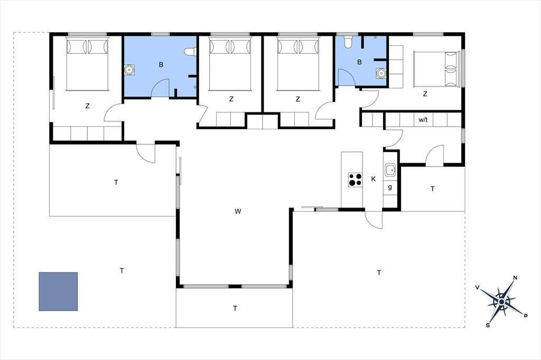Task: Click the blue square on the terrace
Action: point(58,291)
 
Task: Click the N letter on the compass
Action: point(516,278)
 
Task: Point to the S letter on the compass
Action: point(488,325)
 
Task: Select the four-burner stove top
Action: point(355,179)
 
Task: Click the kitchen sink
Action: point(390,169)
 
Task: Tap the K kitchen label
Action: point(374,179)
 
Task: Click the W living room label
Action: point(238,211)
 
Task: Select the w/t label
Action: point(423,120)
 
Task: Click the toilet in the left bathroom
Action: point(190,52)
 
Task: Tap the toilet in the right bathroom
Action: point(348,41)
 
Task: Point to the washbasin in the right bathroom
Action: point(381,73)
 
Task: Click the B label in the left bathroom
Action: point(161,64)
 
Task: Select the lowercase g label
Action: point(390,187)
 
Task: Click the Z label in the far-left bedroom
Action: point(87,106)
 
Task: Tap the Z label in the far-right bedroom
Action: point(425,93)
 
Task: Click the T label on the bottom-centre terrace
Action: point(235,308)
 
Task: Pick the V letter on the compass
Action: point(478,288)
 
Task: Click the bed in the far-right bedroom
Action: point(437,69)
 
